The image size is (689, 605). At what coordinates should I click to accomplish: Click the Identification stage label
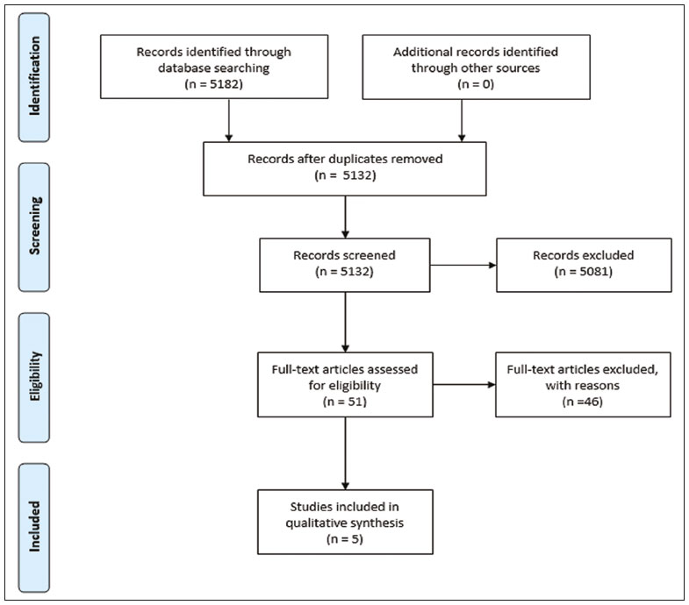pyautogui.click(x=34, y=76)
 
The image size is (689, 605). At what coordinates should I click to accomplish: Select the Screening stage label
pyautogui.click(x=34, y=225)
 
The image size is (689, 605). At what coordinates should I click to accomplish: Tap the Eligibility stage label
pyautogui.click(x=34, y=376)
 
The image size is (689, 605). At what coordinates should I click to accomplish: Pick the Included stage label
pyautogui.click(x=34, y=526)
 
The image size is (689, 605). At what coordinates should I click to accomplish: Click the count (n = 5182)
pyautogui.click(x=213, y=84)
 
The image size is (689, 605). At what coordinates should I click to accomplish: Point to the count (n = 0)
pyautogui.click(x=476, y=84)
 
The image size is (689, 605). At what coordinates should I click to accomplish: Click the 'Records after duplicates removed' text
pyautogui.click(x=345, y=159)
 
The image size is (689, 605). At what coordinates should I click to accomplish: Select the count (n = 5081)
pyautogui.click(x=583, y=272)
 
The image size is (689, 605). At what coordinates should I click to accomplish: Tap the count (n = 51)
pyautogui.click(x=345, y=402)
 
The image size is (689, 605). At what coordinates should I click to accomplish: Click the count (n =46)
pyautogui.click(x=583, y=402)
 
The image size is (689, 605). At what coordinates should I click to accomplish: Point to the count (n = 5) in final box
pyautogui.click(x=345, y=539)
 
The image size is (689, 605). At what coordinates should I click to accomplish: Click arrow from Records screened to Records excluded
pyautogui.click(x=463, y=265)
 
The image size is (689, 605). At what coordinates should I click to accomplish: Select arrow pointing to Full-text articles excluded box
pyautogui.click(x=464, y=385)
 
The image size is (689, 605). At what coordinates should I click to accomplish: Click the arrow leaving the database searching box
pyautogui.click(x=228, y=120)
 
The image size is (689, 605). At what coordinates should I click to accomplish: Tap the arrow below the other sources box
pyautogui.click(x=462, y=120)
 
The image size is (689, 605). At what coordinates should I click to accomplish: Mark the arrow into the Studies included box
pyautogui.click(x=346, y=453)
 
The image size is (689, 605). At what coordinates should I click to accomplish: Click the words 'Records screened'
pyautogui.click(x=344, y=255)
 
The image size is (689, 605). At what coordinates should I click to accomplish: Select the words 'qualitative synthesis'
pyautogui.click(x=345, y=523)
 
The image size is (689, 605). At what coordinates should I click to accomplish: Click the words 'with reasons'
pyautogui.click(x=583, y=386)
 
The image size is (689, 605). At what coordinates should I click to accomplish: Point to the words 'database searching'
pyautogui.click(x=214, y=68)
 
